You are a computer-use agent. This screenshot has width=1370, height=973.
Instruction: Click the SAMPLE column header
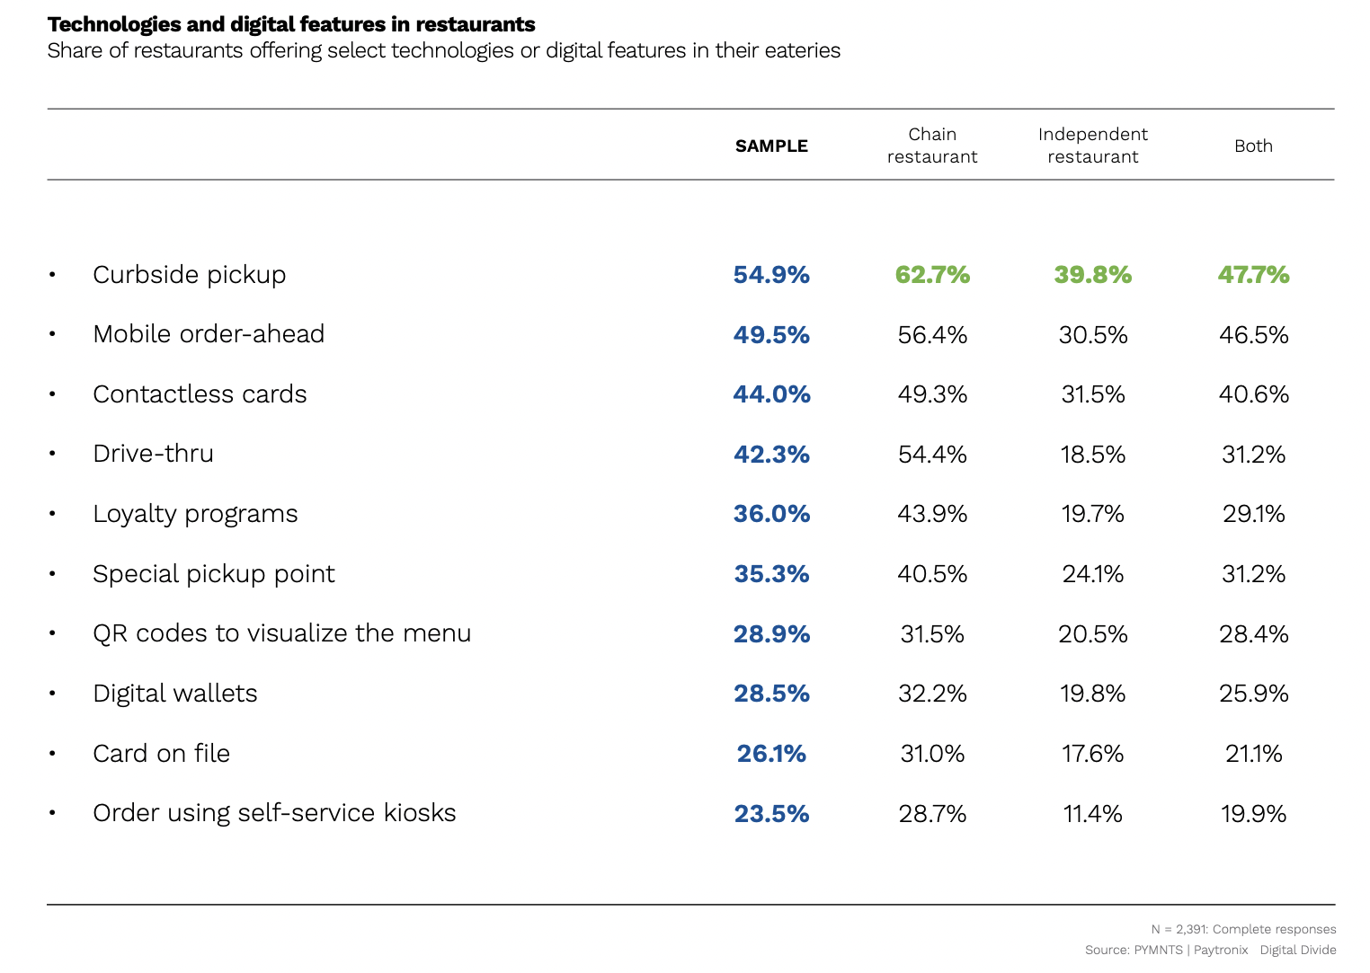pos(771,146)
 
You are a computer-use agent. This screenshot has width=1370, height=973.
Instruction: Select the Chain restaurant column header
pos(932,146)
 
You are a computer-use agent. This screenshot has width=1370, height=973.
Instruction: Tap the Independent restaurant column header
pos(1092,146)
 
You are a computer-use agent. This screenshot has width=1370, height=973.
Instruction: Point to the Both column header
pos(1253,146)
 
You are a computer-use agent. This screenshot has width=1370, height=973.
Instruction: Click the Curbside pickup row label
pos(189,274)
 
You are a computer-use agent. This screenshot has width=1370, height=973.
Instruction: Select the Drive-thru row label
pos(153,454)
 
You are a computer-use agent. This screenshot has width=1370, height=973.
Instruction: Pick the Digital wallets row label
pos(174,694)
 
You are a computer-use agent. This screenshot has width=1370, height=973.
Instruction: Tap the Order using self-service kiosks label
pos(274,813)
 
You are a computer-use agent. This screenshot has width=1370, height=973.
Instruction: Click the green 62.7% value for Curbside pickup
pos(932,274)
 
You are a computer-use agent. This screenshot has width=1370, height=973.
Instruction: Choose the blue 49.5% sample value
pos(771,334)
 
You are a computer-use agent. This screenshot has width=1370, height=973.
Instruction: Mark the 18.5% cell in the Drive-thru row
pos(1092,454)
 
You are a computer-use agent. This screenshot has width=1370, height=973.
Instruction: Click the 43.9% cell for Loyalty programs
pos(932,514)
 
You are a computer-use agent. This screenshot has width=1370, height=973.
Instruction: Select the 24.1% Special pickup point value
pos(1092,574)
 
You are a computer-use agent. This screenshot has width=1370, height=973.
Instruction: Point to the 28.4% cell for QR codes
pos(1253,634)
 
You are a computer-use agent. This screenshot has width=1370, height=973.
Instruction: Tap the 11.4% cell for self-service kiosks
pos(1092,814)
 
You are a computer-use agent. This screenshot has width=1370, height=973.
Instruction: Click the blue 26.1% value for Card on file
pos(771,754)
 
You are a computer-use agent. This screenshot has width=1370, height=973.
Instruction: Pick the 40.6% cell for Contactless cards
pos(1253,394)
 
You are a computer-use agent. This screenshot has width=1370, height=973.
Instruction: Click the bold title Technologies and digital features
pos(291,24)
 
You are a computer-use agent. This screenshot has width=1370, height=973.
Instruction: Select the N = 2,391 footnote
pos(1243,929)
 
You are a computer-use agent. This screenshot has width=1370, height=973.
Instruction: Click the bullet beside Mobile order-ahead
pos(53,334)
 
